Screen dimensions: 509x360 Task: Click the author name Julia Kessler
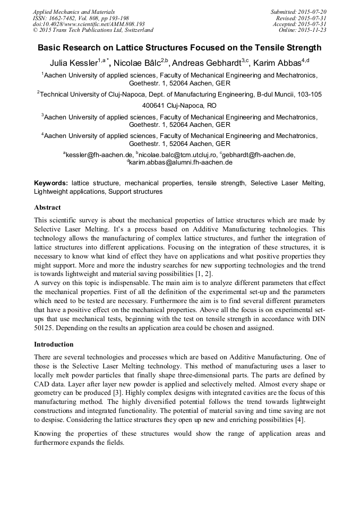click(73, 63)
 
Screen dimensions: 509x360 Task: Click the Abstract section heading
click(47, 208)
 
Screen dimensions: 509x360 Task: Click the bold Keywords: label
click(51, 183)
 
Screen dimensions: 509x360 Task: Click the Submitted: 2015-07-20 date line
click(299, 12)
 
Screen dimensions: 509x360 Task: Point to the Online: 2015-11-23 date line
click(303, 30)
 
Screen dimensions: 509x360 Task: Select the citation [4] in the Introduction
click(299, 420)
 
